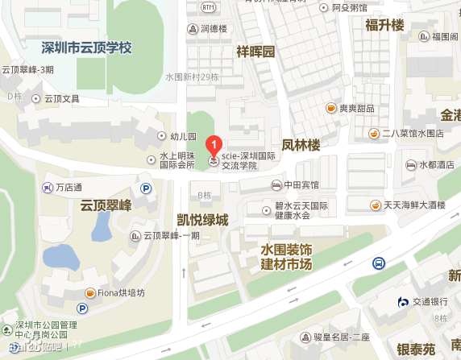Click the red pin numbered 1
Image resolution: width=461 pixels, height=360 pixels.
pos(214,146)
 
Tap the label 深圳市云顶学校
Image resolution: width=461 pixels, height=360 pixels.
pos(86,48)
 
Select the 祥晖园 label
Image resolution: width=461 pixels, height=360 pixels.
pos(255,52)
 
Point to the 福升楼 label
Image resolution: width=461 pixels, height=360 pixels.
pos(384,26)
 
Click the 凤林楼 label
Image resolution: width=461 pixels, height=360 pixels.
pos(301,146)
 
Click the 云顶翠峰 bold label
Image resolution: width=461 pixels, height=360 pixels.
pos(106,206)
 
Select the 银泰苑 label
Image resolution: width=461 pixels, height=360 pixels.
pos(416,348)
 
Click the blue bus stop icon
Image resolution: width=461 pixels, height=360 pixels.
pos(378,263)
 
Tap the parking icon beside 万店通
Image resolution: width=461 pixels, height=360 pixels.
pos(147,188)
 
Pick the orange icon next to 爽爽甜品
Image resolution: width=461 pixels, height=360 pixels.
pos(330,108)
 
